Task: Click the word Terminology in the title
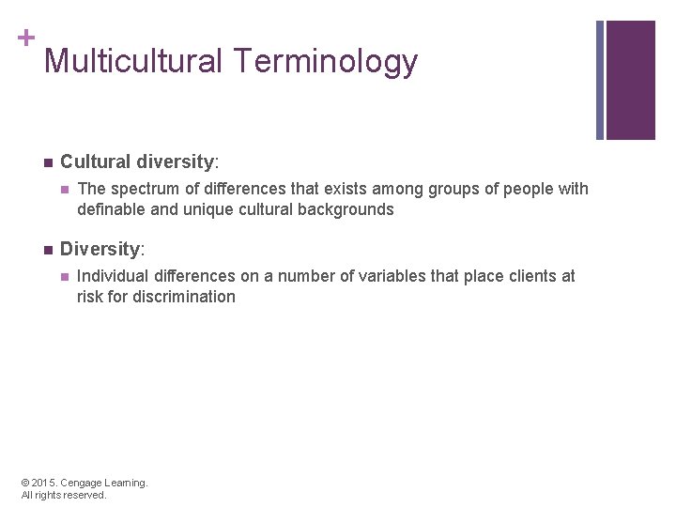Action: pos(326,62)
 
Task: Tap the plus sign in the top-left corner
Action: pos(26,38)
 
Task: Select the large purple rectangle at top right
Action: pos(630,80)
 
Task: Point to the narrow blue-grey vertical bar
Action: pos(600,80)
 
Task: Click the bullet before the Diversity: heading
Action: pos(48,249)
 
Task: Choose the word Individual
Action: pos(111,276)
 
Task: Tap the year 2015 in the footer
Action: pos(45,483)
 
